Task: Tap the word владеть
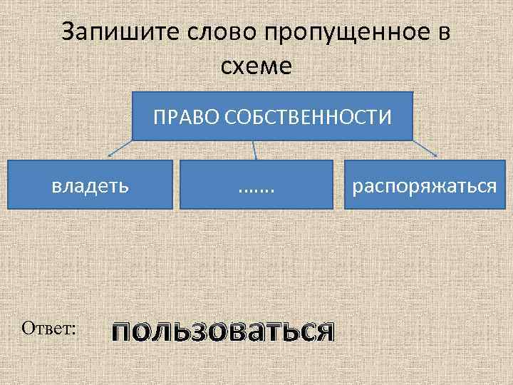pos(90,186)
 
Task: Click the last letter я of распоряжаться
pos(491,187)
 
